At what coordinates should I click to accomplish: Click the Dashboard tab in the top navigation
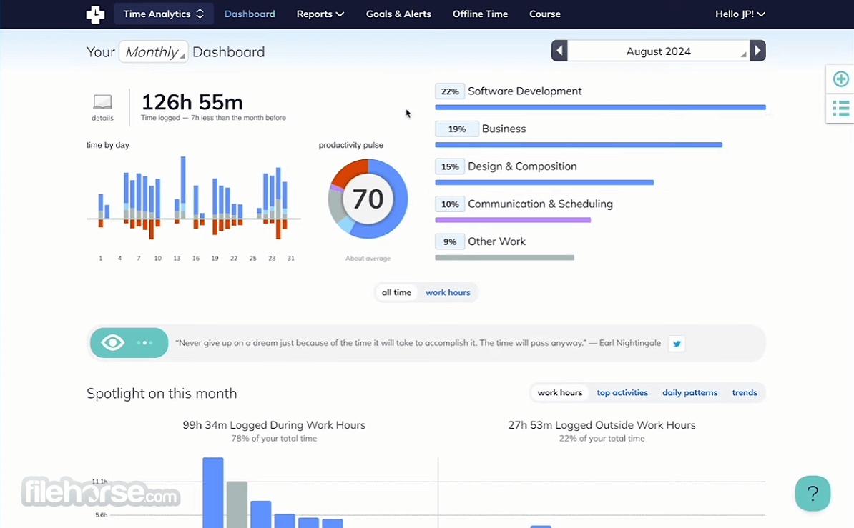[x=250, y=14]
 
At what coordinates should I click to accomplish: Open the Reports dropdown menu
[x=320, y=14]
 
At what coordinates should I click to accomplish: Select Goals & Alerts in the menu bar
[x=398, y=14]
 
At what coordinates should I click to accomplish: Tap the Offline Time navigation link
[x=481, y=14]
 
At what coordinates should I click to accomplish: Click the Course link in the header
[x=544, y=14]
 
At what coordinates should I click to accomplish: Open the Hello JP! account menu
[x=740, y=14]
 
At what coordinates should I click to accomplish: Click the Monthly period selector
[x=154, y=51]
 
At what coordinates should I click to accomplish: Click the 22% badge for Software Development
[x=450, y=91]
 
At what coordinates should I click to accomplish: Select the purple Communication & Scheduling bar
[x=513, y=220]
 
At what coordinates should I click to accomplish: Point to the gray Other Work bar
[x=504, y=257]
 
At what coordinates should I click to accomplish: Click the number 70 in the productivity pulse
[x=368, y=199]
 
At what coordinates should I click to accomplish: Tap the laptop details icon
[x=102, y=101]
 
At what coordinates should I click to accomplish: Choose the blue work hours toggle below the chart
[x=448, y=292]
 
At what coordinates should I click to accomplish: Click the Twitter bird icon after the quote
[x=677, y=344]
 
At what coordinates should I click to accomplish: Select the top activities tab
[x=622, y=392]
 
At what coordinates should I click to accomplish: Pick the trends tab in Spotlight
[x=745, y=392]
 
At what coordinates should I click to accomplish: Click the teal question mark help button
[x=813, y=493]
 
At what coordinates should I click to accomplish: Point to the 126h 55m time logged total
[x=192, y=102]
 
